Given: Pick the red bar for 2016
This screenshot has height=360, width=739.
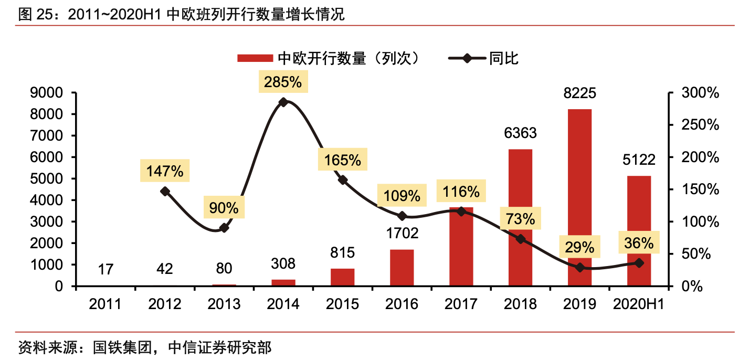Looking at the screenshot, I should (x=402, y=268).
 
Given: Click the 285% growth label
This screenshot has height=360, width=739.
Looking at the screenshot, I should (x=283, y=82).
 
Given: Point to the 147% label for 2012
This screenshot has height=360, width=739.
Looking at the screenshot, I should (x=165, y=171).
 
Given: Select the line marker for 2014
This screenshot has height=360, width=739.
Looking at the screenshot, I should (x=283, y=102).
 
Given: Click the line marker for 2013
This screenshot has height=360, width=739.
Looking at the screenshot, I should (x=224, y=228).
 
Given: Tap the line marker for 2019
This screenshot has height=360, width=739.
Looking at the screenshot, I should (x=579, y=267).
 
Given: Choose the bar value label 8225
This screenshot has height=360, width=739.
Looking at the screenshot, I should (x=579, y=94).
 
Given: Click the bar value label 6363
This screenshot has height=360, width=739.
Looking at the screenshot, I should (x=520, y=133).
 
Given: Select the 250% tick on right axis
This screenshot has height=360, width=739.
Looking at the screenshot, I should (x=700, y=125).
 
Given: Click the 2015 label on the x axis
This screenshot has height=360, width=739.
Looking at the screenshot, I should (x=343, y=304).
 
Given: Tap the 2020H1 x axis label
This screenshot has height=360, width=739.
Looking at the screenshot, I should (x=638, y=304).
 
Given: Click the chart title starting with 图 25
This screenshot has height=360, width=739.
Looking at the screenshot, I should (x=181, y=14).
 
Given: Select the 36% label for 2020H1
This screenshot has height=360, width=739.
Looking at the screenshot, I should (x=639, y=243).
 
